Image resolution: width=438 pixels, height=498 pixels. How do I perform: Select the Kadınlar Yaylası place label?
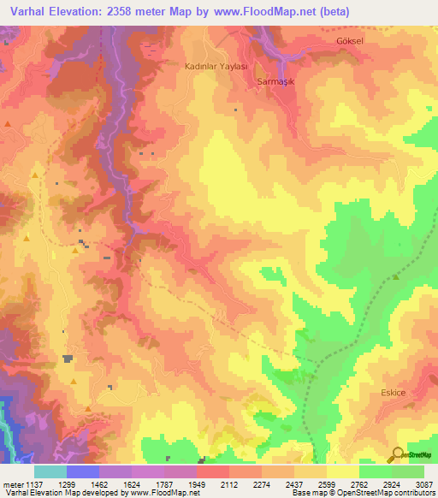(x=216, y=66)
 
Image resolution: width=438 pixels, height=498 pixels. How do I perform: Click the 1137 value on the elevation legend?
(x=33, y=484)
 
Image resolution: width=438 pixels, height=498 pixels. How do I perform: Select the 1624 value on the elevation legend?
(x=132, y=484)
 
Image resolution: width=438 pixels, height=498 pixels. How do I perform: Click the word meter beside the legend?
(x=12, y=484)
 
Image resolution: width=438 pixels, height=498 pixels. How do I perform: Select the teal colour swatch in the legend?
(x=50, y=471)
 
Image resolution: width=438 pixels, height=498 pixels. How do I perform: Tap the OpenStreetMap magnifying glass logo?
(x=398, y=454)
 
